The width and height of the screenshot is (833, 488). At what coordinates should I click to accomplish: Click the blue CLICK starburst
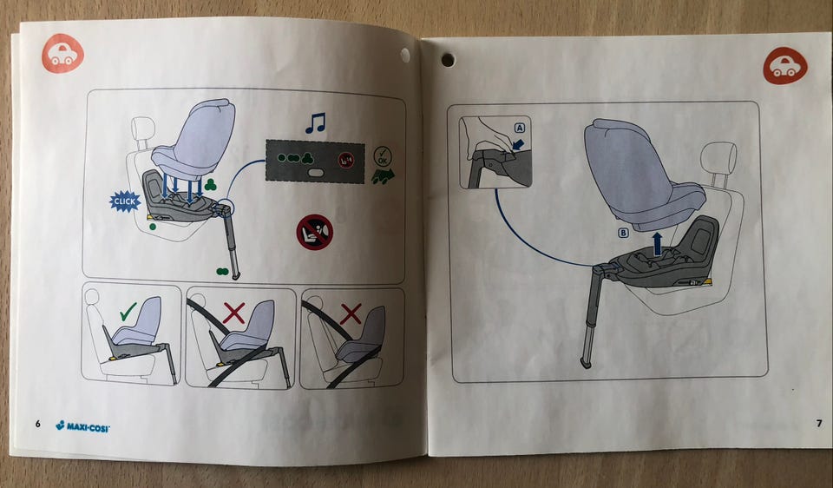pyautogui.click(x=125, y=201)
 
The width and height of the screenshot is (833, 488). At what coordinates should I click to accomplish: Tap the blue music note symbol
pyautogui.click(x=315, y=122)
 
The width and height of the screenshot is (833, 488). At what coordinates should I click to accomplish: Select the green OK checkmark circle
pyautogui.click(x=383, y=157)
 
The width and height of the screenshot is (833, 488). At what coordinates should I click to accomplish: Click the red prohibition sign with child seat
pyautogui.click(x=314, y=233)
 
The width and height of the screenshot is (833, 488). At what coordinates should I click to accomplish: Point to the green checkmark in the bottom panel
pyautogui.click(x=128, y=311)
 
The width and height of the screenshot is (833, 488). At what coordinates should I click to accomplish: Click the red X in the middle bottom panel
pyautogui.click(x=233, y=313)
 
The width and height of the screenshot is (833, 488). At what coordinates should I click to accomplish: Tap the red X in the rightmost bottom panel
pyautogui.click(x=351, y=313)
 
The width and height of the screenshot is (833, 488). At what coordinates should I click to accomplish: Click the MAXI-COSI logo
pyautogui.click(x=82, y=425)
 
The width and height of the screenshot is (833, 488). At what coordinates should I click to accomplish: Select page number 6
pyautogui.click(x=37, y=424)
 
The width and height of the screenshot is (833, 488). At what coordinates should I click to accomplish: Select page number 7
pyautogui.click(x=818, y=423)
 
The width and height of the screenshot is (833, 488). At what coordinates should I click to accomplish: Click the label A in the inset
pyautogui.click(x=520, y=128)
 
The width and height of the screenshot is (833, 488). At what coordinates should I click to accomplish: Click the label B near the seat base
pyautogui.click(x=623, y=233)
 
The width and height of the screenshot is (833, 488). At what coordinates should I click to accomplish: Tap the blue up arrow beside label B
pyautogui.click(x=658, y=243)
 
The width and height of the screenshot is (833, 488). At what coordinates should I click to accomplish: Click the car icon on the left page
pyautogui.click(x=62, y=53)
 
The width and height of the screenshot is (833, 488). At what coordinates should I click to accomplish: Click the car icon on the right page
pyautogui.click(x=785, y=66)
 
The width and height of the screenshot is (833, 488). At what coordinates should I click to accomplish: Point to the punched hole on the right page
pyautogui.click(x=448, y=60)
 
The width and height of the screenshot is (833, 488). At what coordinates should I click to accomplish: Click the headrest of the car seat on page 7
pyautogui.click(x=718, y=158)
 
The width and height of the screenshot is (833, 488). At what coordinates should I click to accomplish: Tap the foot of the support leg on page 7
pyautogui.click(x=586, y=363)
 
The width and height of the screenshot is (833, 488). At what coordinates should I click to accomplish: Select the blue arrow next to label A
pyautogui.click(x=519, y=144)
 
